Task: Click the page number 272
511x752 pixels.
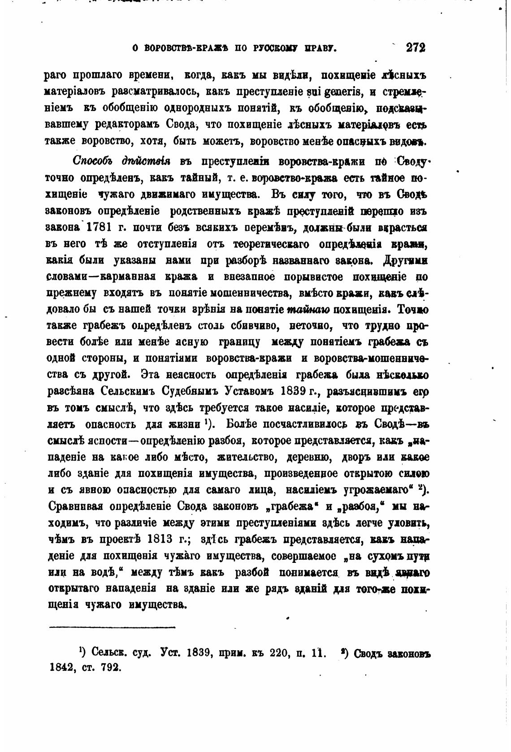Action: click(415, 48)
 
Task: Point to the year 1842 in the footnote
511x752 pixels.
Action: click(62, 666)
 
